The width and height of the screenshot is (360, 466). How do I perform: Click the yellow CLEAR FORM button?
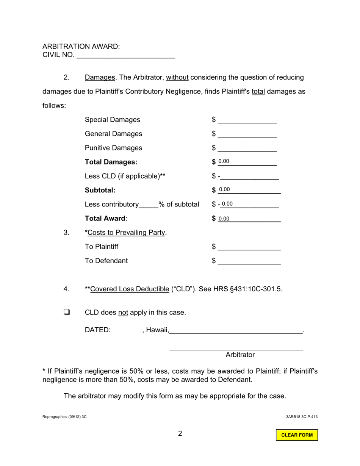pos(297,435)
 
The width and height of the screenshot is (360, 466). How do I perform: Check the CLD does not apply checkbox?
pos(67,312)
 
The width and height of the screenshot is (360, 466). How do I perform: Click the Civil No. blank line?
pos(125,55)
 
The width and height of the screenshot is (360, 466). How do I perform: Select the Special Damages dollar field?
pos(247,120)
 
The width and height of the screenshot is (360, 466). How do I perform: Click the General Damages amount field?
pos(247,134)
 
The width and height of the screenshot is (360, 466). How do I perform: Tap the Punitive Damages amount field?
pos(247,148)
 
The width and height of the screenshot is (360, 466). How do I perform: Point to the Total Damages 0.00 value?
pos(224,162)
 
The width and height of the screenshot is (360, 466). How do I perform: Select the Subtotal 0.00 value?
pos(224,190)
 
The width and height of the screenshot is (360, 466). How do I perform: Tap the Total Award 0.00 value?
pos(224,219)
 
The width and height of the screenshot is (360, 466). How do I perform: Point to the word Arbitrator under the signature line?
pos(240,355)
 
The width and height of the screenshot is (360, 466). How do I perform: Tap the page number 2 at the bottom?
pos(180,433)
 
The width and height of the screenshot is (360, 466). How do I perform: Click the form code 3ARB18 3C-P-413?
pos(302,417)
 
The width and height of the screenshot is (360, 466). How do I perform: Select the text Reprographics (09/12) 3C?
pos(64,417)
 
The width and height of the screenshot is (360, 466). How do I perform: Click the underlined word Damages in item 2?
pos(100,78)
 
